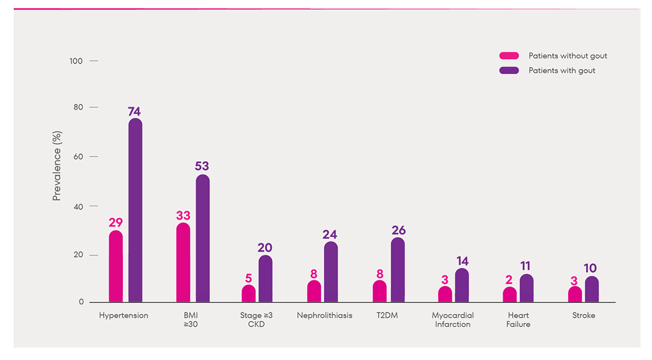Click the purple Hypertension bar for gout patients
135,210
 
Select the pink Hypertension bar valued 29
115,267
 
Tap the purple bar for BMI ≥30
202,238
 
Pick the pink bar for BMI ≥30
183,262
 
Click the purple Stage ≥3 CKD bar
265,278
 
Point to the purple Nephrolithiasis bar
331,272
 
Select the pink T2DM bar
379,291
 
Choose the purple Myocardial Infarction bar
462,285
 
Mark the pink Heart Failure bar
510,294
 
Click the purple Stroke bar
592,289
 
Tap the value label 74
134,112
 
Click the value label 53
202,166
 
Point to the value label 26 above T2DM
399,230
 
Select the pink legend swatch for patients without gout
509,56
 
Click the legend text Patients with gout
562,70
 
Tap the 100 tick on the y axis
76,61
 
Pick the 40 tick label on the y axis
78,206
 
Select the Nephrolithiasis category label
325,315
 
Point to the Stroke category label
584,315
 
